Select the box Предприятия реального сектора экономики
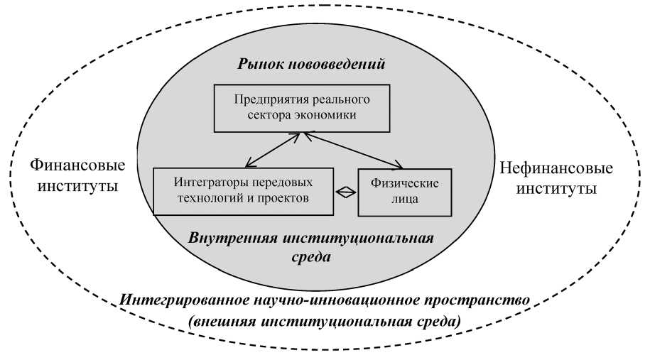pyautogui.click(x=303, y=109)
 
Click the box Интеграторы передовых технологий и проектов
pyautogui.click(x=244, y=191)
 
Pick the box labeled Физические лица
pyautogui.click(x=404, y=192)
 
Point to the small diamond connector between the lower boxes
pyautogui.click(x=346, y=192)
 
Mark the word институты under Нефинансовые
pyautogui.click(x=556, y=190)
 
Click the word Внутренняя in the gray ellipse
pyautogui.click(x=234, y=237)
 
